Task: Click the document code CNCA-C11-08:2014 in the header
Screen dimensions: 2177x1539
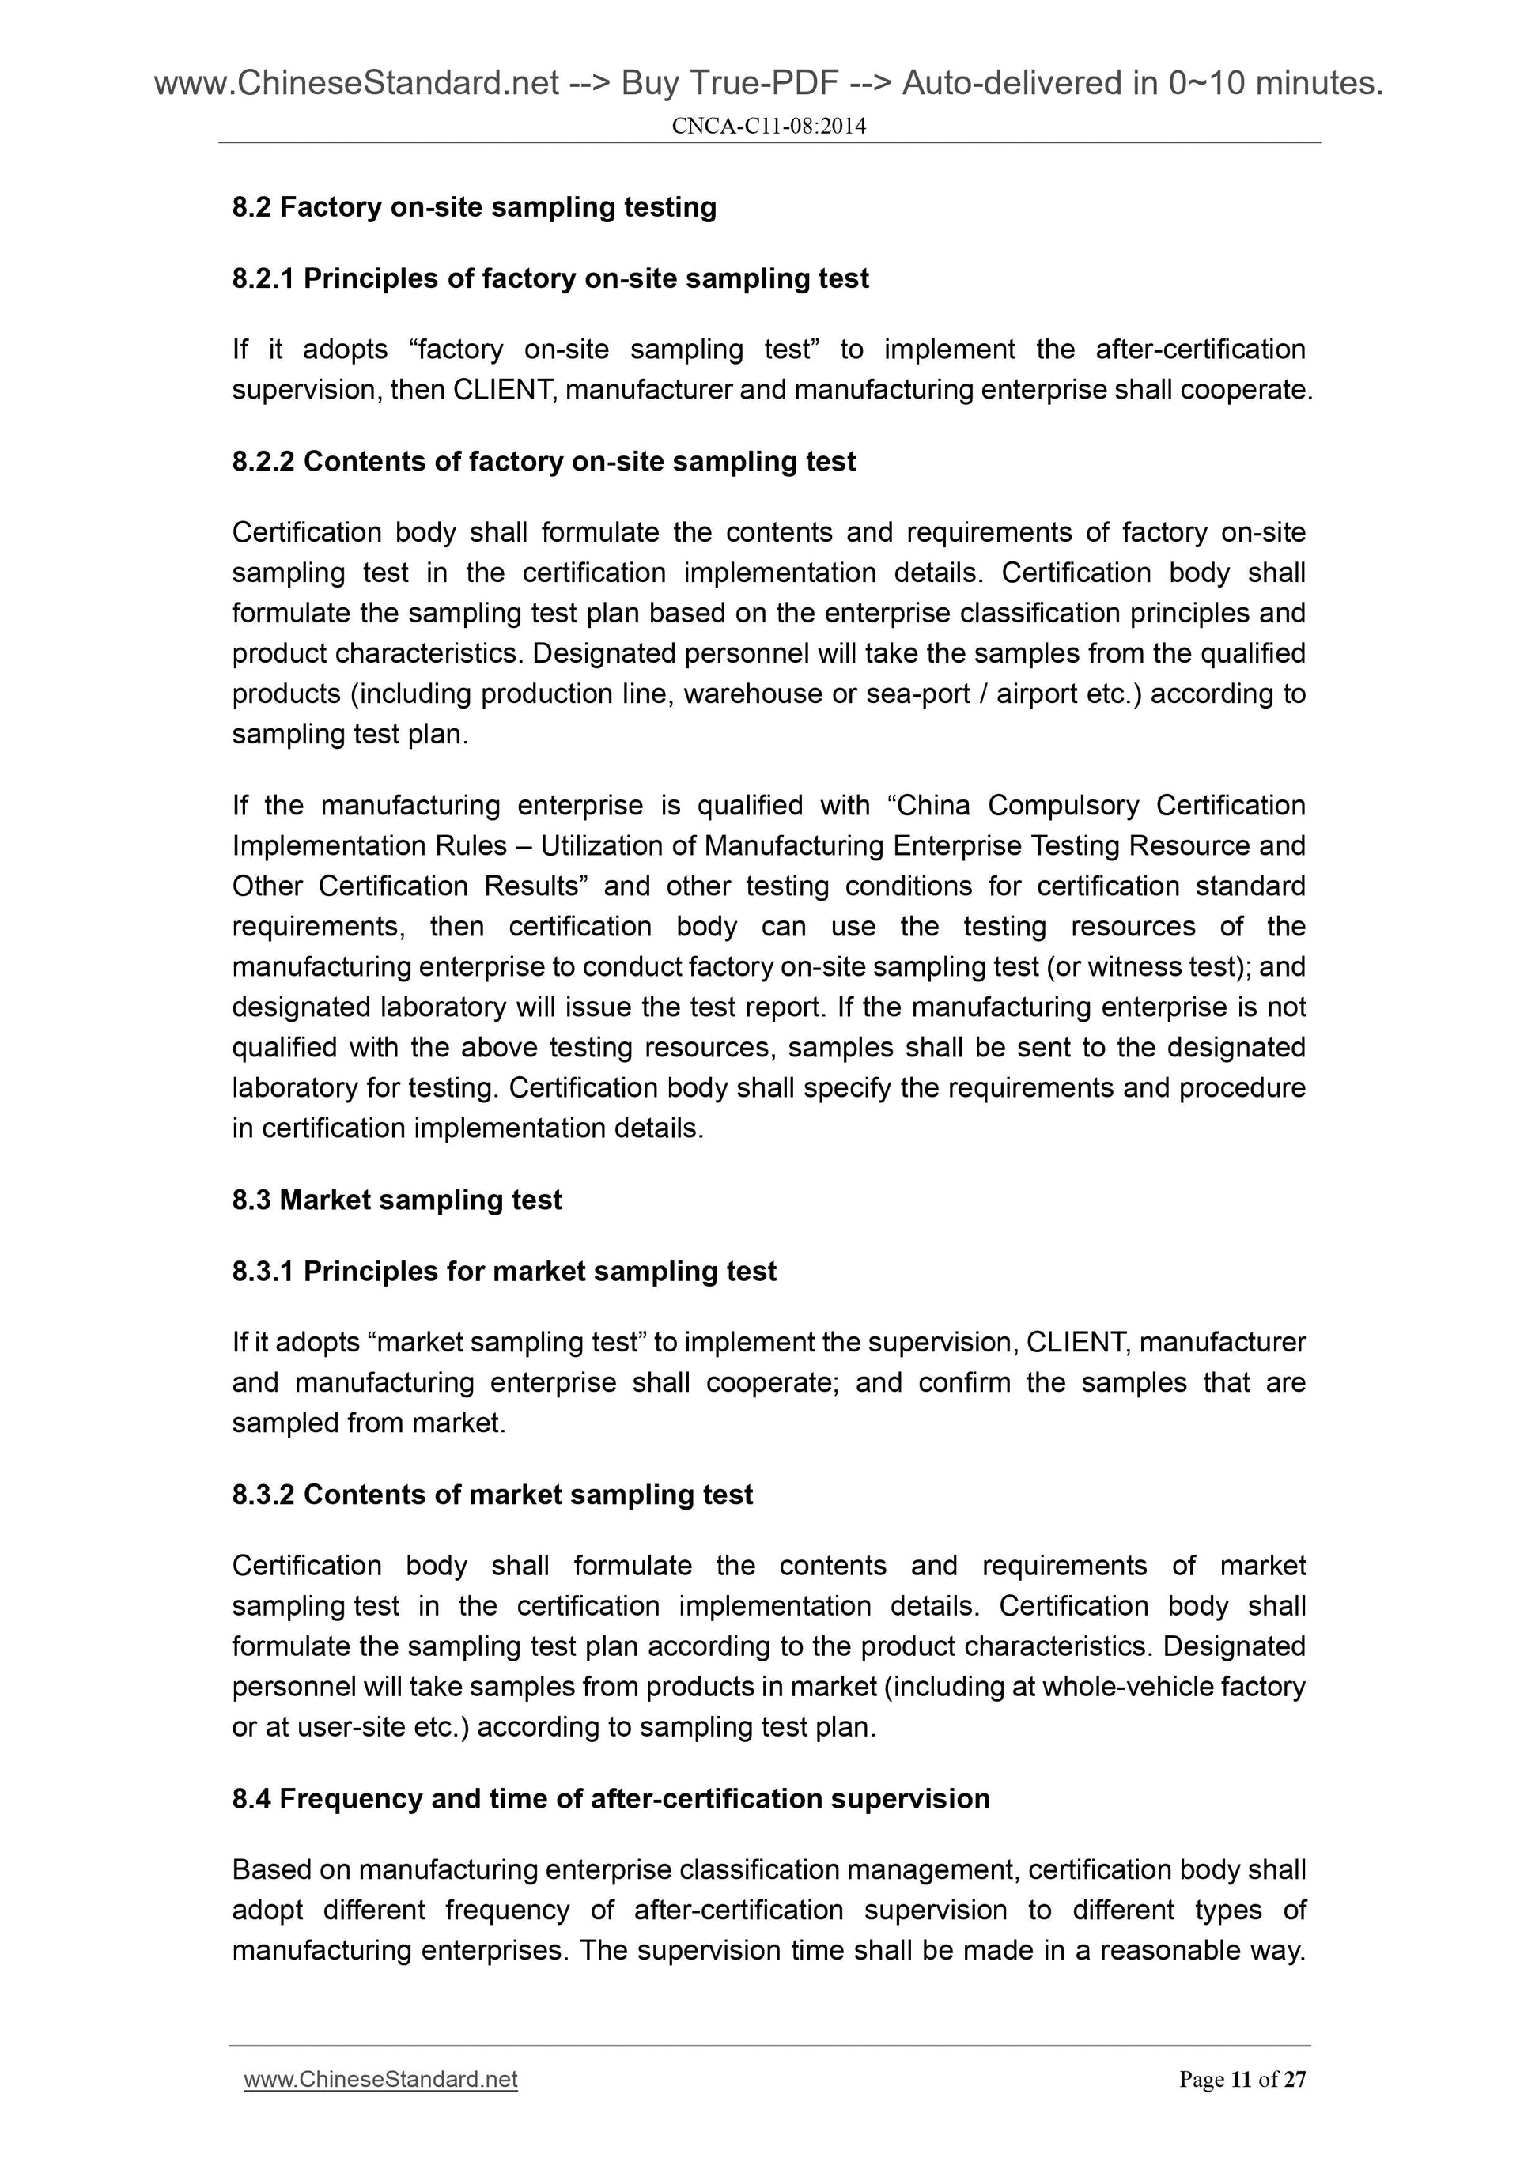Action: [x=768, y=125]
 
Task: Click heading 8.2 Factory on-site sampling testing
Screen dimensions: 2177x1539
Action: [x=475, y=206]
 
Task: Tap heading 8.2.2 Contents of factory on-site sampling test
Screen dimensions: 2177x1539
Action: [x=543, y=462]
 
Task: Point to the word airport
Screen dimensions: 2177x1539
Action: [x=1035, y=694]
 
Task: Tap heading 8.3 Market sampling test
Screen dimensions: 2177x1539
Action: [x=396, y=1200]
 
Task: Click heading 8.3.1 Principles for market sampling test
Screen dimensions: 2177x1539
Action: [x=504, y=1272]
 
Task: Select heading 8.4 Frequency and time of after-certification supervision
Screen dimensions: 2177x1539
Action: [x=611, y=1799]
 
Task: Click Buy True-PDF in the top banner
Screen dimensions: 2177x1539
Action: [x=729, y=84]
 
